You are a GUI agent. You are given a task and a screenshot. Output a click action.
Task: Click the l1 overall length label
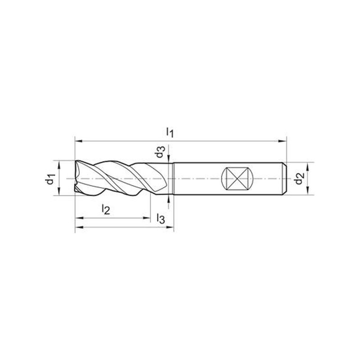point(170,132)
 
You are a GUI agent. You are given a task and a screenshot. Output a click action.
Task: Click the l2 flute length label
point(106,209)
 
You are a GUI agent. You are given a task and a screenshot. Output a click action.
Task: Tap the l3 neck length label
point(161,218)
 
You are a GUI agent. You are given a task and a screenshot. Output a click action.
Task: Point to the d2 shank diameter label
point(299,179)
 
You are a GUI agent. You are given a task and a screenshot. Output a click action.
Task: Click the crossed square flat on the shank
point(237,179)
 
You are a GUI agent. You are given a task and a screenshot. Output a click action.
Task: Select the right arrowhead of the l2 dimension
point(146,218)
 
